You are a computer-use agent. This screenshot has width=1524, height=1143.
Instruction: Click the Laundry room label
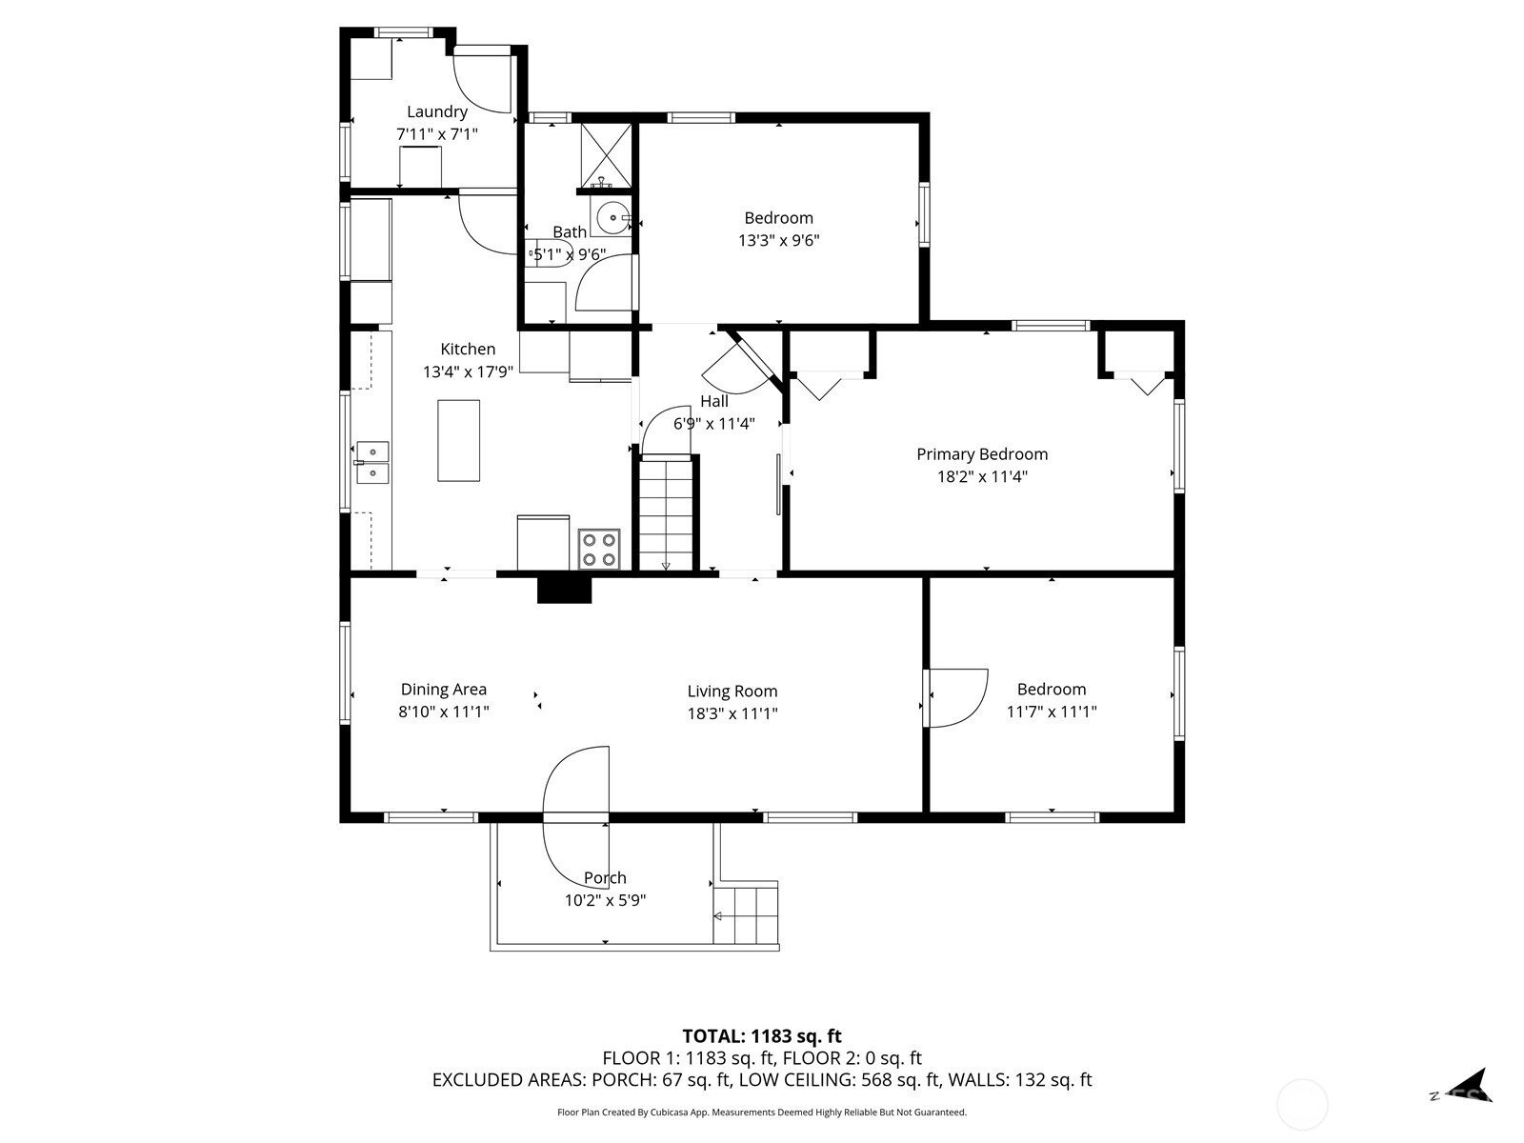pos(436,111)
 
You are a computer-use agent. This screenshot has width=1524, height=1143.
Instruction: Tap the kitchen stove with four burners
pos(599,549)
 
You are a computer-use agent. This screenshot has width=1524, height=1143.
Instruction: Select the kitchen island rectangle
pos(458,441)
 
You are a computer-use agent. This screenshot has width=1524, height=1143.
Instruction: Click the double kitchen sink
pos(372,463)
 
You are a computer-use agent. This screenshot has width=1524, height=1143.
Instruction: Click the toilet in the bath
pos(550,254)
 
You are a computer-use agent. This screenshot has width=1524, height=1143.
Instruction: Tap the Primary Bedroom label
pos(982,454)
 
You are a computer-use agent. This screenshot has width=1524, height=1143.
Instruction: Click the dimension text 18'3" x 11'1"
pos(732,713)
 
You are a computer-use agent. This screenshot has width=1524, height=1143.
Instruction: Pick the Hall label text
pos(713,401)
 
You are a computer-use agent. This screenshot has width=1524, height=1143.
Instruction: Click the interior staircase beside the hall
pos(666,513)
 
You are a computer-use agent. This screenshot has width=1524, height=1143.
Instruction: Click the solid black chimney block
pos(565,590)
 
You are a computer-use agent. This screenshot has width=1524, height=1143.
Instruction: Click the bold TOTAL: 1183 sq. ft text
pos(762,1036)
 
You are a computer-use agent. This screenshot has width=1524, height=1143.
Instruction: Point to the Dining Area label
pos(444,689)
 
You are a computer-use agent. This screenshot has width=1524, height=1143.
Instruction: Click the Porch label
pos(605,878)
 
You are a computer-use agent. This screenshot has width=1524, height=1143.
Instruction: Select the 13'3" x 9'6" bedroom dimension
pos(778,241)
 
